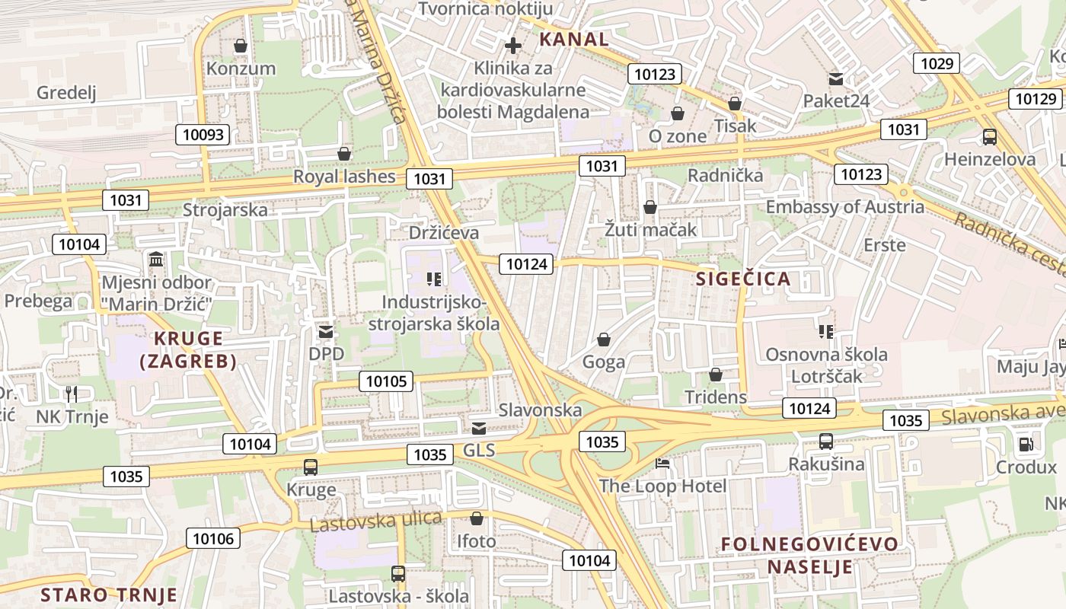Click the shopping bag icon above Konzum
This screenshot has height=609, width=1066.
point(241,46)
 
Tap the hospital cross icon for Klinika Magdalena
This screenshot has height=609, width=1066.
point(514,46)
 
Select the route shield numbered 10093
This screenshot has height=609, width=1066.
point(204,135)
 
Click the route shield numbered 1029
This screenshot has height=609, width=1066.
point(937,63)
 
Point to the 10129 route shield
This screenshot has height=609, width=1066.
point(1036,99)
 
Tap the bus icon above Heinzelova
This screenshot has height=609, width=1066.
point(990,137)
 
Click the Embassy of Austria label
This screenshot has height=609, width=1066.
point(844,207)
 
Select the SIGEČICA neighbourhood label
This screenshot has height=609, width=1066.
point(743,279)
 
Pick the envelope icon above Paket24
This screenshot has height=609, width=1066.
point(836,78)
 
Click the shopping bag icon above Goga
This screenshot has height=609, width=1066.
point(604,340)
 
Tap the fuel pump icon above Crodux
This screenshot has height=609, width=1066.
point(1026,444)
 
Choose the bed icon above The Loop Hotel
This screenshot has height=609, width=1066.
point(662,463)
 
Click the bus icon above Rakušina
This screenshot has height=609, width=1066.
point(826,441)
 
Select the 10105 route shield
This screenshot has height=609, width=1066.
point(386,381)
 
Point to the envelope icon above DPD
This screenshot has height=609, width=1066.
point(326,332)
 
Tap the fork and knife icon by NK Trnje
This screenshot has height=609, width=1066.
point(72,394)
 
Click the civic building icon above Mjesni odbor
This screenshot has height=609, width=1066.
point(156,260)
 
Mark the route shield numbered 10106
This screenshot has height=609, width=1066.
point(215,538)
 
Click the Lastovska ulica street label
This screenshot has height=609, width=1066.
point(376,521)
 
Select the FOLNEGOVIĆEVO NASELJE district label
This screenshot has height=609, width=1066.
point(809,556)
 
